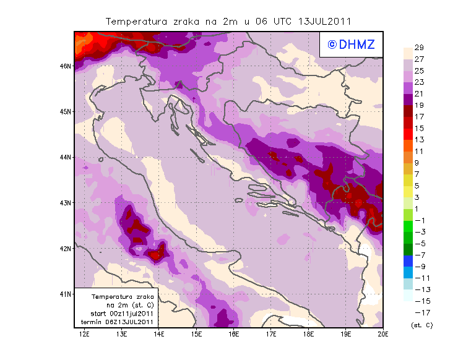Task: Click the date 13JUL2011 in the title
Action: [x=324, y=21]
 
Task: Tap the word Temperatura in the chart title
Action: [x=136, y=21]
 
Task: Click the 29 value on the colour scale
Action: [x=419, y=48]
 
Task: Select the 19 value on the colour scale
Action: [x=419, y=106]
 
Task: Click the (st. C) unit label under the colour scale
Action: [x=422, y=325]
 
